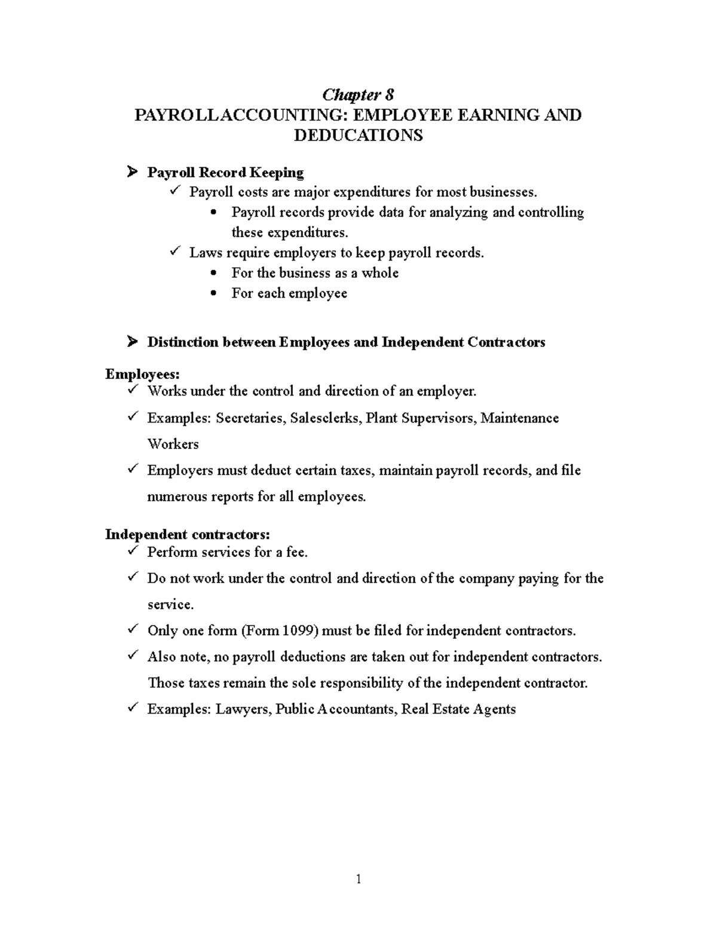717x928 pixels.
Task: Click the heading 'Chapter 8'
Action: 358,94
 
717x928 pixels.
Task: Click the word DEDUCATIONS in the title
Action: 358,135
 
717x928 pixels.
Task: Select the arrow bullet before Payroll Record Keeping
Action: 131,173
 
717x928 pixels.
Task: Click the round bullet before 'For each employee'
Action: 215,293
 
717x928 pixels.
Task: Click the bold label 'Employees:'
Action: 142,374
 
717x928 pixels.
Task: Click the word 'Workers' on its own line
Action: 173,445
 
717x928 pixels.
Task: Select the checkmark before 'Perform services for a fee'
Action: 132,551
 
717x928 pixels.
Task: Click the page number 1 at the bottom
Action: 358,878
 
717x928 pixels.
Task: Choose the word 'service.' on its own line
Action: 170,605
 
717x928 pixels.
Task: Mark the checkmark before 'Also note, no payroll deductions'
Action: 132,656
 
